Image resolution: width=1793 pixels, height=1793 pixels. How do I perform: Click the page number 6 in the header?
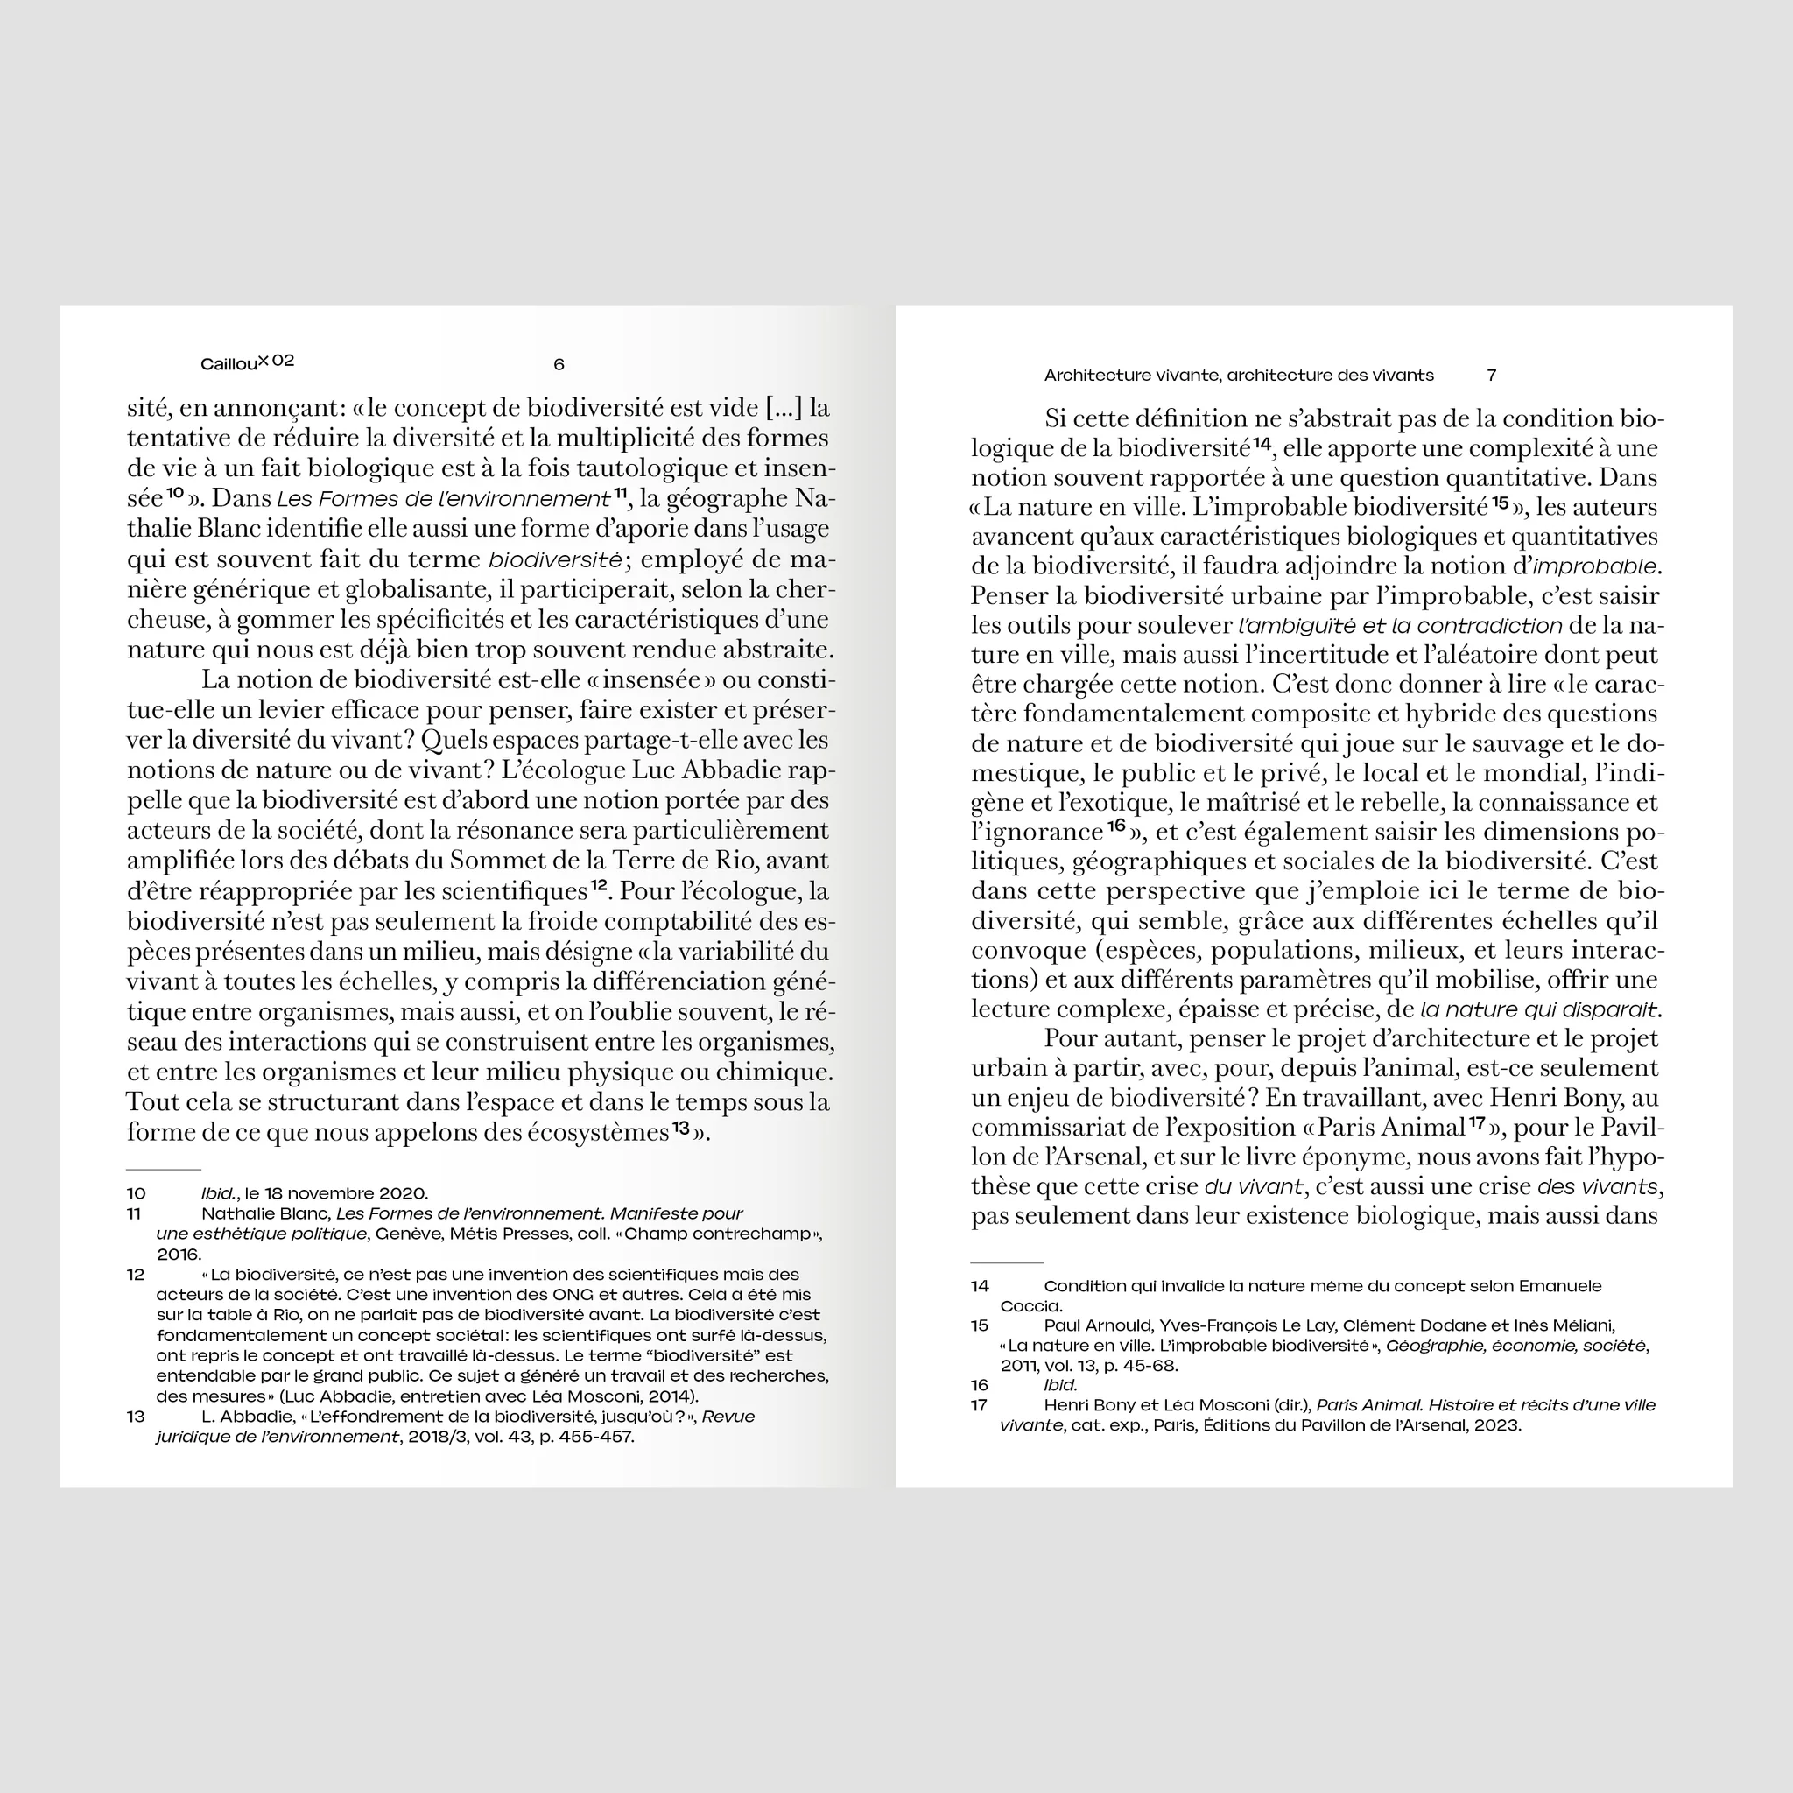(x=559, y=365)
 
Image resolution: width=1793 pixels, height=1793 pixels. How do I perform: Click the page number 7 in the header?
(x=1491, y=376)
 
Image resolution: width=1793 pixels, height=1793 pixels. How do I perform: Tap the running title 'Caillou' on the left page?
(x=229, y=365)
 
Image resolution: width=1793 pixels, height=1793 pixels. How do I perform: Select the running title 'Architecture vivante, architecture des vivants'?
(x=1238, y=376)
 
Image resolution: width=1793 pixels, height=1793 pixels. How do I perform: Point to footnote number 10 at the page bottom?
(x=137, y=1193)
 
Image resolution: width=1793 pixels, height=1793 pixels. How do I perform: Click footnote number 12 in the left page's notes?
(x=137, y=1274)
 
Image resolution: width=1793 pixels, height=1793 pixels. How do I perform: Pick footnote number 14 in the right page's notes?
(x=980, y=1286)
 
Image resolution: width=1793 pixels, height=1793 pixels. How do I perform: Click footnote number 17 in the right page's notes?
(x=980, y=1405)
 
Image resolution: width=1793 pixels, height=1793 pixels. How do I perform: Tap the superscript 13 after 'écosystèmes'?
(x=682, y=1128)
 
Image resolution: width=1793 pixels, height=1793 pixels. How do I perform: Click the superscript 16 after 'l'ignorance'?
(x=1115, y=825)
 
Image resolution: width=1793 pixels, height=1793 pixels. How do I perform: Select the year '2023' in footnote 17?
(x=1495, y=1425)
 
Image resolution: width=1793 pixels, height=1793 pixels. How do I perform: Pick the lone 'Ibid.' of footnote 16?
(x=1061, y=1386)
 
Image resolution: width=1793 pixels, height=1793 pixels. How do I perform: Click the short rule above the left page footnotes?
(x=164, y=1170)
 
